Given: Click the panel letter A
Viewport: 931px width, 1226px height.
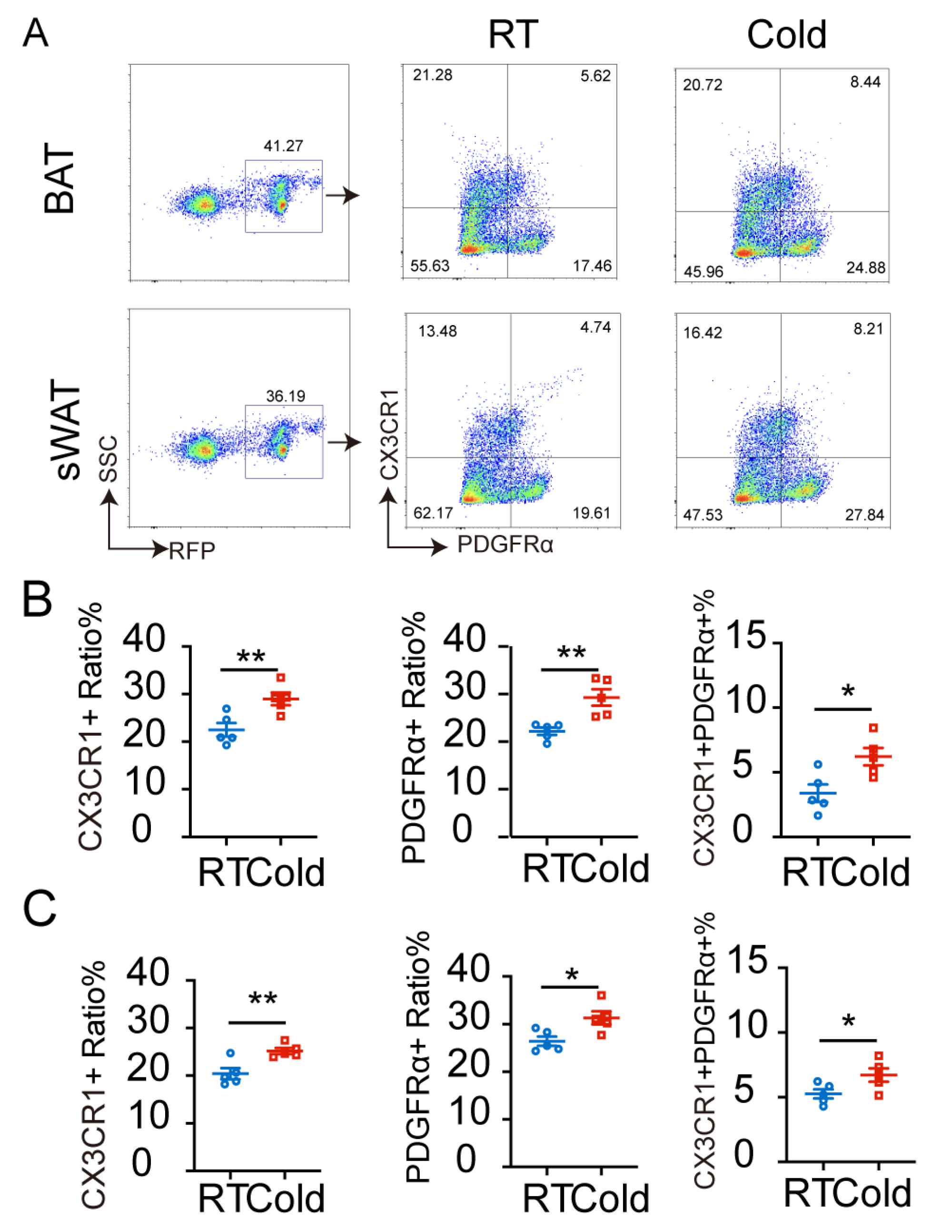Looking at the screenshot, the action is [36, 33].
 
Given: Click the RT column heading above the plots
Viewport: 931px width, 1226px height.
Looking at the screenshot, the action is [513, 34].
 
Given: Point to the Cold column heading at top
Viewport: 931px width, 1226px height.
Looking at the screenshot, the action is [786, 34].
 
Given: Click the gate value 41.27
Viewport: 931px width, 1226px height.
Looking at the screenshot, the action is [283, 146].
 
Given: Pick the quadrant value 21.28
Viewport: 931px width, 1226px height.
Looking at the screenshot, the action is [432, 75].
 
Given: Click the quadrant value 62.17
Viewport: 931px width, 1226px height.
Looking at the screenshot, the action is [433, 513].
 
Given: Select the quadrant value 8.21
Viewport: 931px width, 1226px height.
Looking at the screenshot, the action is [868, 329].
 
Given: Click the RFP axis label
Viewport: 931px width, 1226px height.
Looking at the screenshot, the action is [192, 551].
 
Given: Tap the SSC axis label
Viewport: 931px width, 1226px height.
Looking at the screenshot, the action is [109, 459].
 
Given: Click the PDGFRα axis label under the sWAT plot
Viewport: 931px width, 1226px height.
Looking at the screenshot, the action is [505, 545].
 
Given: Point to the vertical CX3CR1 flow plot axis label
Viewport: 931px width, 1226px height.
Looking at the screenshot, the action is [389, 434].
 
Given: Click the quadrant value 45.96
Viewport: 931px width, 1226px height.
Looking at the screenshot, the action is [703, 272].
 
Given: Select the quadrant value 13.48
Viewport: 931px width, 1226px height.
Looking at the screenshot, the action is [437, 331].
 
